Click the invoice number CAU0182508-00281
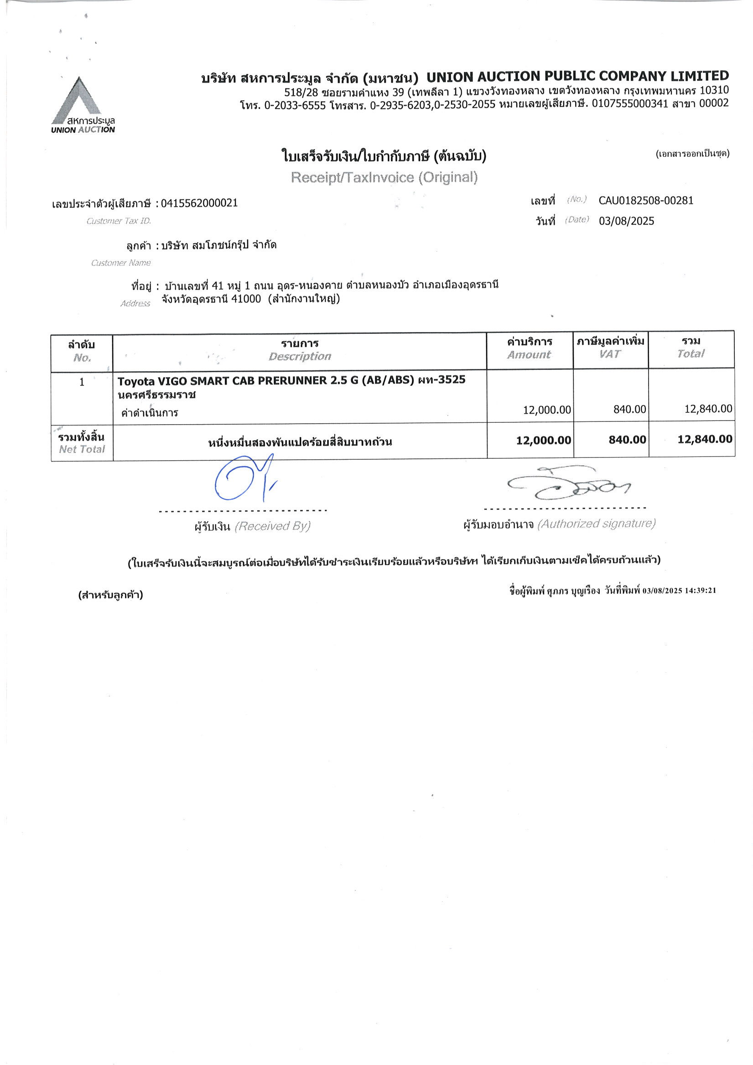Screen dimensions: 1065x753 [x=645, y=200]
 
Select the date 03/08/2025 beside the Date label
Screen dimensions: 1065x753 [x=626, y=221]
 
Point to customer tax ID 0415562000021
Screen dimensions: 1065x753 [x=199, y=203]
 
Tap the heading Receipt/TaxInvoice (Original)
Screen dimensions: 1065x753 [x=384, y=177]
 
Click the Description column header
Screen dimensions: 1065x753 [x=300, y=356]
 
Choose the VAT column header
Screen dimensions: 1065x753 [x=610, y=354]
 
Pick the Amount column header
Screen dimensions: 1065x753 [x=529, y=355]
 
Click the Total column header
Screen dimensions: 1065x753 [x=691, y=354]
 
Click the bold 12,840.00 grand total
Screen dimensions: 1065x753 [x=704, y=439]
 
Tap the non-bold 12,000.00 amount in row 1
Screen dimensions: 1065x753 [x=546, y=410]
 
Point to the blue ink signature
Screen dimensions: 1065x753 [x=244, y=477]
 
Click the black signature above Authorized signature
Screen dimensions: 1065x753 [x=571, y=484]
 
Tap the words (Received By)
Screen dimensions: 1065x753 [x=272, y=526]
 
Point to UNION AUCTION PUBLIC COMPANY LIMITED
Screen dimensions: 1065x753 [x=577, y=76]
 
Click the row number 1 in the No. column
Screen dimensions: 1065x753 [x=82, y=382]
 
